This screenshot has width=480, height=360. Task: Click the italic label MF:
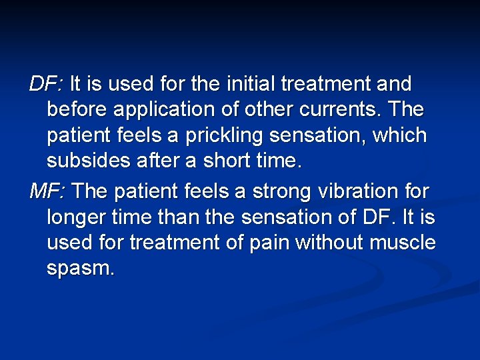click(x=47, y=191)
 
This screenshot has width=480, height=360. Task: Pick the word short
click(x=226, y=161)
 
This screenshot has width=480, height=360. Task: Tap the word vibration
click(x=361, y=191)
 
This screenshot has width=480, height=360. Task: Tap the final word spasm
click(x=80, y=269)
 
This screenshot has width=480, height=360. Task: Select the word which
click(x=399, y=136)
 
